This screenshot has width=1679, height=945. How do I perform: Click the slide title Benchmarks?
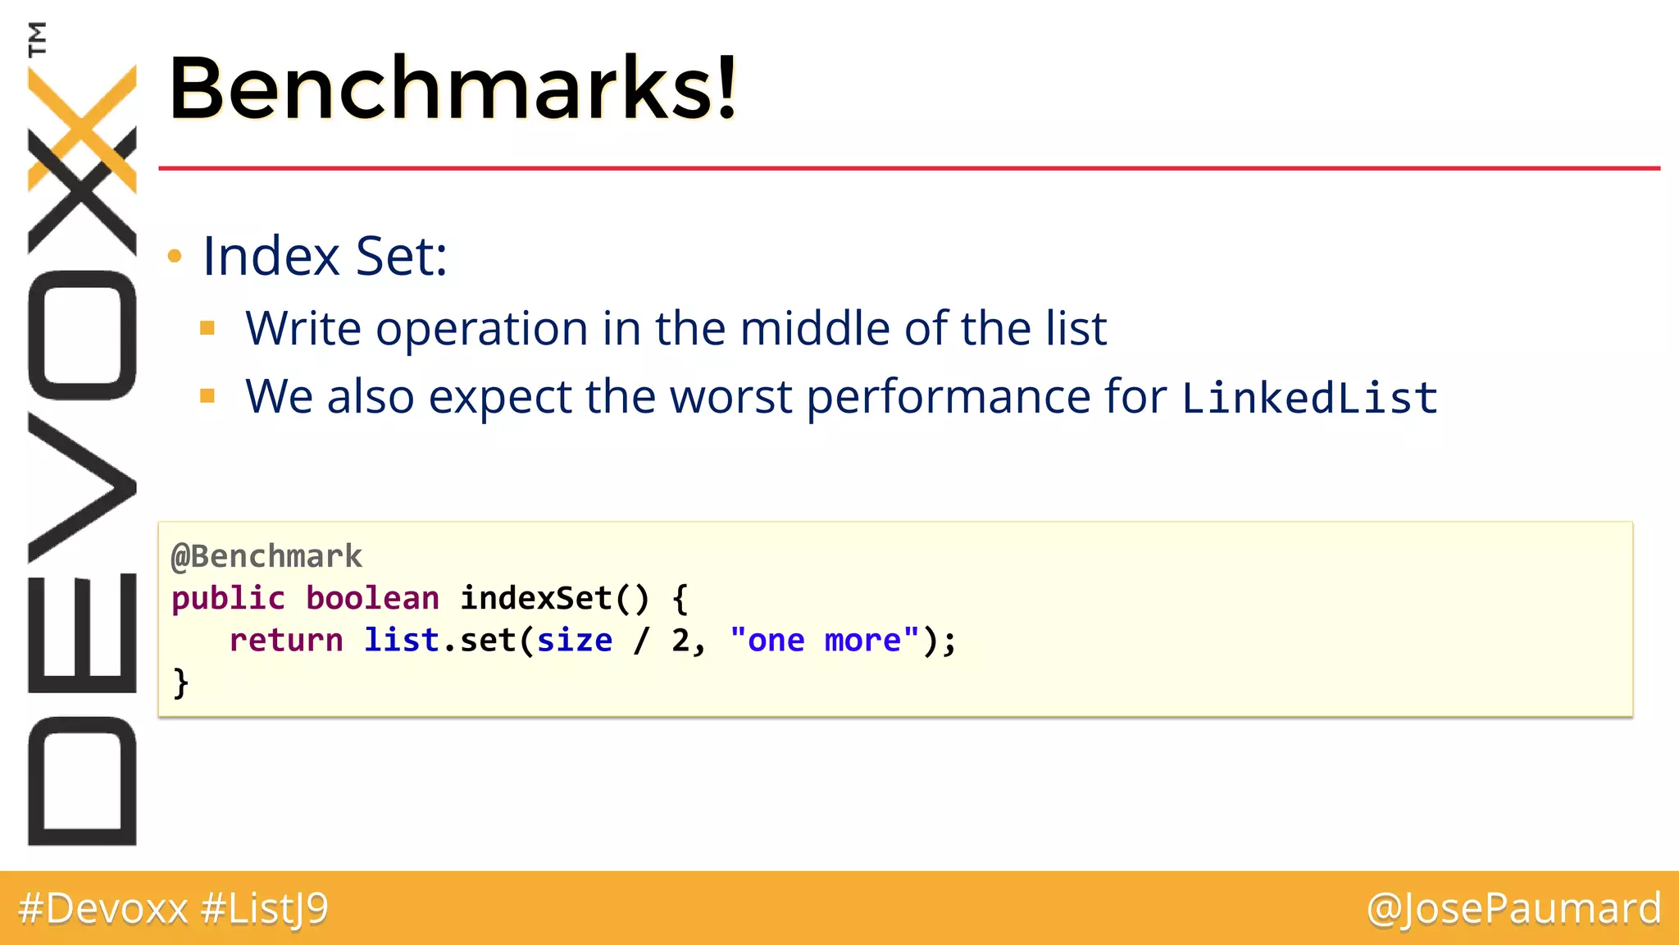[453, 87]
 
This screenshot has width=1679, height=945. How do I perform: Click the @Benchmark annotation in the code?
[266, 556]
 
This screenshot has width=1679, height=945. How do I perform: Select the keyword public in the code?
[228, 598]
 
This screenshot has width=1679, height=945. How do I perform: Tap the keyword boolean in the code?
[372, 598]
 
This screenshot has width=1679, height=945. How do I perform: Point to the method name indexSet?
[535, 598]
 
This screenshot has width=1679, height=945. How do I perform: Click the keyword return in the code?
[285, 640]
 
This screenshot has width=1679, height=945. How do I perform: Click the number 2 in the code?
[680, 640]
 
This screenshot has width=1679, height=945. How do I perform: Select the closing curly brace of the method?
[180, 682]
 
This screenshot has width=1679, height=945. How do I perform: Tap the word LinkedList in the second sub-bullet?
[1309, 398]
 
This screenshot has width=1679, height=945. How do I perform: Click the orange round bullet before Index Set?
[174, 257]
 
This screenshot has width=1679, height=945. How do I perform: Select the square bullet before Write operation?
[207, 329]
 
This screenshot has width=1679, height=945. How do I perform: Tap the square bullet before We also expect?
[207, 397]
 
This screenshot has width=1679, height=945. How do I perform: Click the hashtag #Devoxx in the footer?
[103, 908]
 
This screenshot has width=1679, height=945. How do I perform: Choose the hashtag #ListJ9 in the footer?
[264, 908]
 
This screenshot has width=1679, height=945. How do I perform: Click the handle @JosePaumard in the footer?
[1513, 908]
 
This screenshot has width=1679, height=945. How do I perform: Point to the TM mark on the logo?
[37, 39]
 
